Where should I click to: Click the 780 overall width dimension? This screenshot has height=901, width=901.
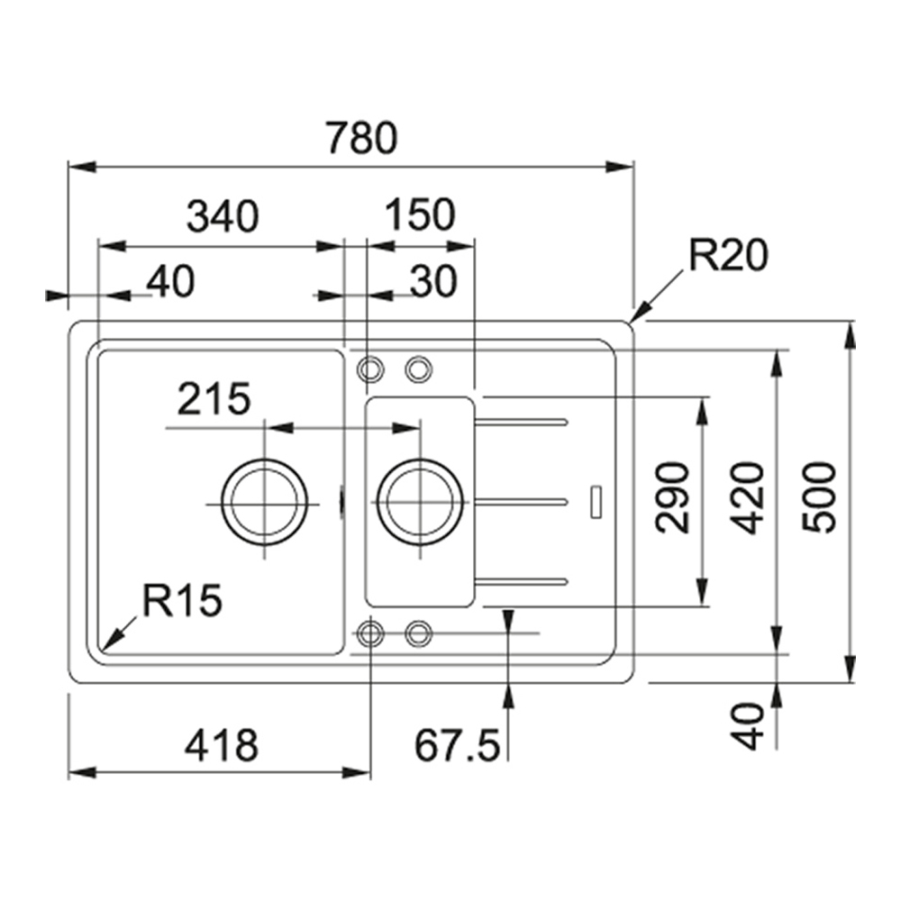(361, 138)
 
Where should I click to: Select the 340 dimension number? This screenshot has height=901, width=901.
(223, 216)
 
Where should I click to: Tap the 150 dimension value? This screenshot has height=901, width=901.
(420, 214)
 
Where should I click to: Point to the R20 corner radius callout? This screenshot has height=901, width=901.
(728, 255)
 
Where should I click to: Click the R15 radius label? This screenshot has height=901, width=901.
(182, 600)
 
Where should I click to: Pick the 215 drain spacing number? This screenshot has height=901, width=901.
(214, 398)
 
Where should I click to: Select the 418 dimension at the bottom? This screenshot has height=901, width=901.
(222, 745)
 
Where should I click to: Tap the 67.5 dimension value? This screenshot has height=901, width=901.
(458, 745)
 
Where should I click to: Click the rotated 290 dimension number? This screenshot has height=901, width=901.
(672, 497)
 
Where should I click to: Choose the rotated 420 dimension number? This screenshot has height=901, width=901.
(748, 497)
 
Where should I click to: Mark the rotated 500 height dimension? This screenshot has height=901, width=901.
(819, 497)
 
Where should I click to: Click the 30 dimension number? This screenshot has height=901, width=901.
(434, 281)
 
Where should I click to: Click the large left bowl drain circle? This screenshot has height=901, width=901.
(264, 502)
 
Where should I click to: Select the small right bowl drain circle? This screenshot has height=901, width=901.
(420, 502)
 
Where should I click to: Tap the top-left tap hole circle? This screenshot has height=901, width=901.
(370, 369)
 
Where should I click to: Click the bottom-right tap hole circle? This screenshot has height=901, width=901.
(418, 633)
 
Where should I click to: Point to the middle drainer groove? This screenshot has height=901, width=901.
(521, 503)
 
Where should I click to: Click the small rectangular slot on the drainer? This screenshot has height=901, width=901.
(596, 502)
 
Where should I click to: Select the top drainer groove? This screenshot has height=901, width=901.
(521, 423)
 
